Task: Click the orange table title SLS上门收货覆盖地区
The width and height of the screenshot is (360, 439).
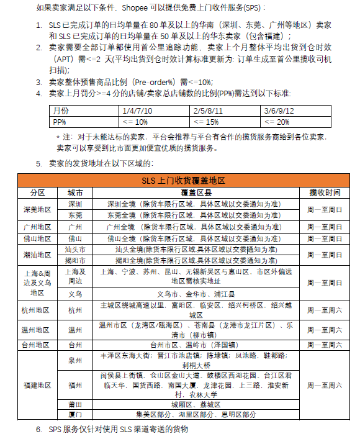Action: pos(179,180)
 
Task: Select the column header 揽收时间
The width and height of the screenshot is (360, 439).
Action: pos(325,192)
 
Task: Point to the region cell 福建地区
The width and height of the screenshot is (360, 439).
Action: pos(37,385)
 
